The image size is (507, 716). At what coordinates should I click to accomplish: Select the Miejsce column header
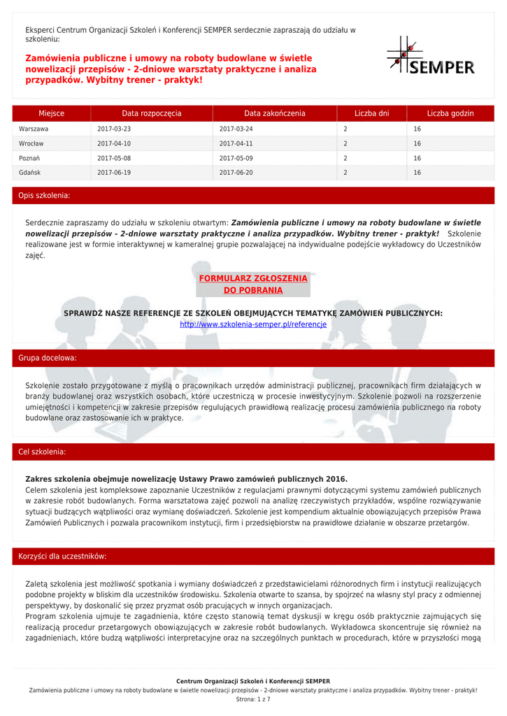[x=52, y=113]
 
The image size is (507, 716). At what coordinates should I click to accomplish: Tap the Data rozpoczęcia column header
[x=152, y=113]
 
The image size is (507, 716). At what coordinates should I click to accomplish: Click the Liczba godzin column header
[x=450, y=113]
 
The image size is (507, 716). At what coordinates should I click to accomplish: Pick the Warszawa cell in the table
[x=34, y=129]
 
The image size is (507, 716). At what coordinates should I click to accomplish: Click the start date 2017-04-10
[x=114, y=143]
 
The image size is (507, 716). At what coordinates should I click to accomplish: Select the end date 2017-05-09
[x=236, y=158]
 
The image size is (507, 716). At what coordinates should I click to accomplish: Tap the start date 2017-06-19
[x=114, y=172]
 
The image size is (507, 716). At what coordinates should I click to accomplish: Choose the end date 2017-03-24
[x=236, y=129]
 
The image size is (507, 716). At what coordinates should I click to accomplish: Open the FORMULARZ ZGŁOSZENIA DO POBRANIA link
[x=253, y=284]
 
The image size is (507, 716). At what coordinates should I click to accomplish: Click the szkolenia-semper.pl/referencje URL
[x=253, y=324]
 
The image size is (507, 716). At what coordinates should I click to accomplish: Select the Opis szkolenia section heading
[x=44, y=196]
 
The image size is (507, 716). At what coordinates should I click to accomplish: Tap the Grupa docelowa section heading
[x=48, y=358]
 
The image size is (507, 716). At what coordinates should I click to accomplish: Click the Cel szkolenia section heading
[x=42, y=452]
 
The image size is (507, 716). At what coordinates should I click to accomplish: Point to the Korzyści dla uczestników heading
[x=62, y=557]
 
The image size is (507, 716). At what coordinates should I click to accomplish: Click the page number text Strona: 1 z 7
[x=253, y=699]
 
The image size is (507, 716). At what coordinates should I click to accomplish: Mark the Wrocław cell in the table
[x=31, y=143]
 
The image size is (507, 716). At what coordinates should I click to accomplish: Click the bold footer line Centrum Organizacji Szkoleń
[x=253, y=681]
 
